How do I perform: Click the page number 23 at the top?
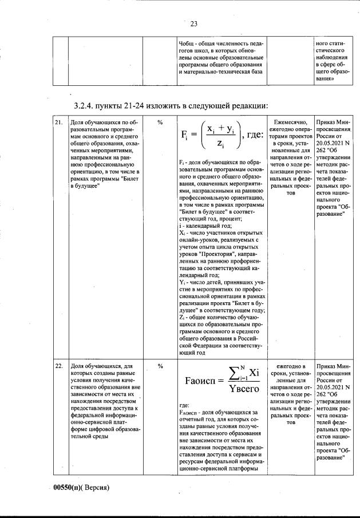[x=193, y=23]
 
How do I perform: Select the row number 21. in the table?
[x=58, y=122]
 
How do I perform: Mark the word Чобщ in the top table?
[x=187, y=43]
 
